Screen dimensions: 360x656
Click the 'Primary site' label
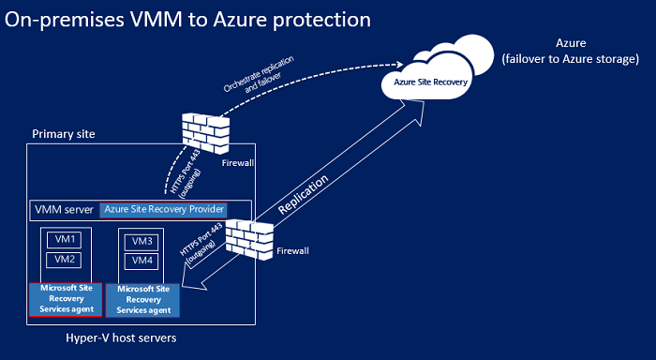coord(63,134)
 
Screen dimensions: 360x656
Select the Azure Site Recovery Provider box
coord(165,209)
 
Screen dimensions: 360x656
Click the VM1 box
coord(63,240)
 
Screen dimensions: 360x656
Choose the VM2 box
coord(63,259)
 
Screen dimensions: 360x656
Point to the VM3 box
coord(142,242)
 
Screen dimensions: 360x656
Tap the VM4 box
coord(142,260)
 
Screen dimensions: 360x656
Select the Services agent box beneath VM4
coord(142,299)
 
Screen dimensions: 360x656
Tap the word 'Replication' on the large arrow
coord(306,193)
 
